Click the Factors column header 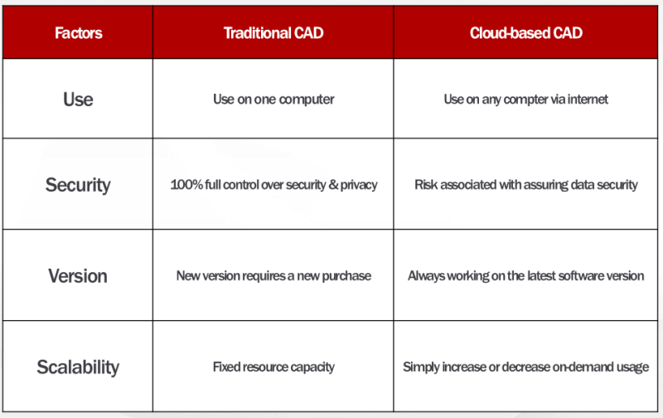pos(78,33)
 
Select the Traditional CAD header pos(273,33)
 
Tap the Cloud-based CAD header pos(525,33)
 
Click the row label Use pos(78,100)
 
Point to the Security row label pos(78,185)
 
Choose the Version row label pos(78,276)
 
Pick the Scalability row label pos(78,367)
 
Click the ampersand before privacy pos(333,184)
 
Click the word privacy pos(359,185)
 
